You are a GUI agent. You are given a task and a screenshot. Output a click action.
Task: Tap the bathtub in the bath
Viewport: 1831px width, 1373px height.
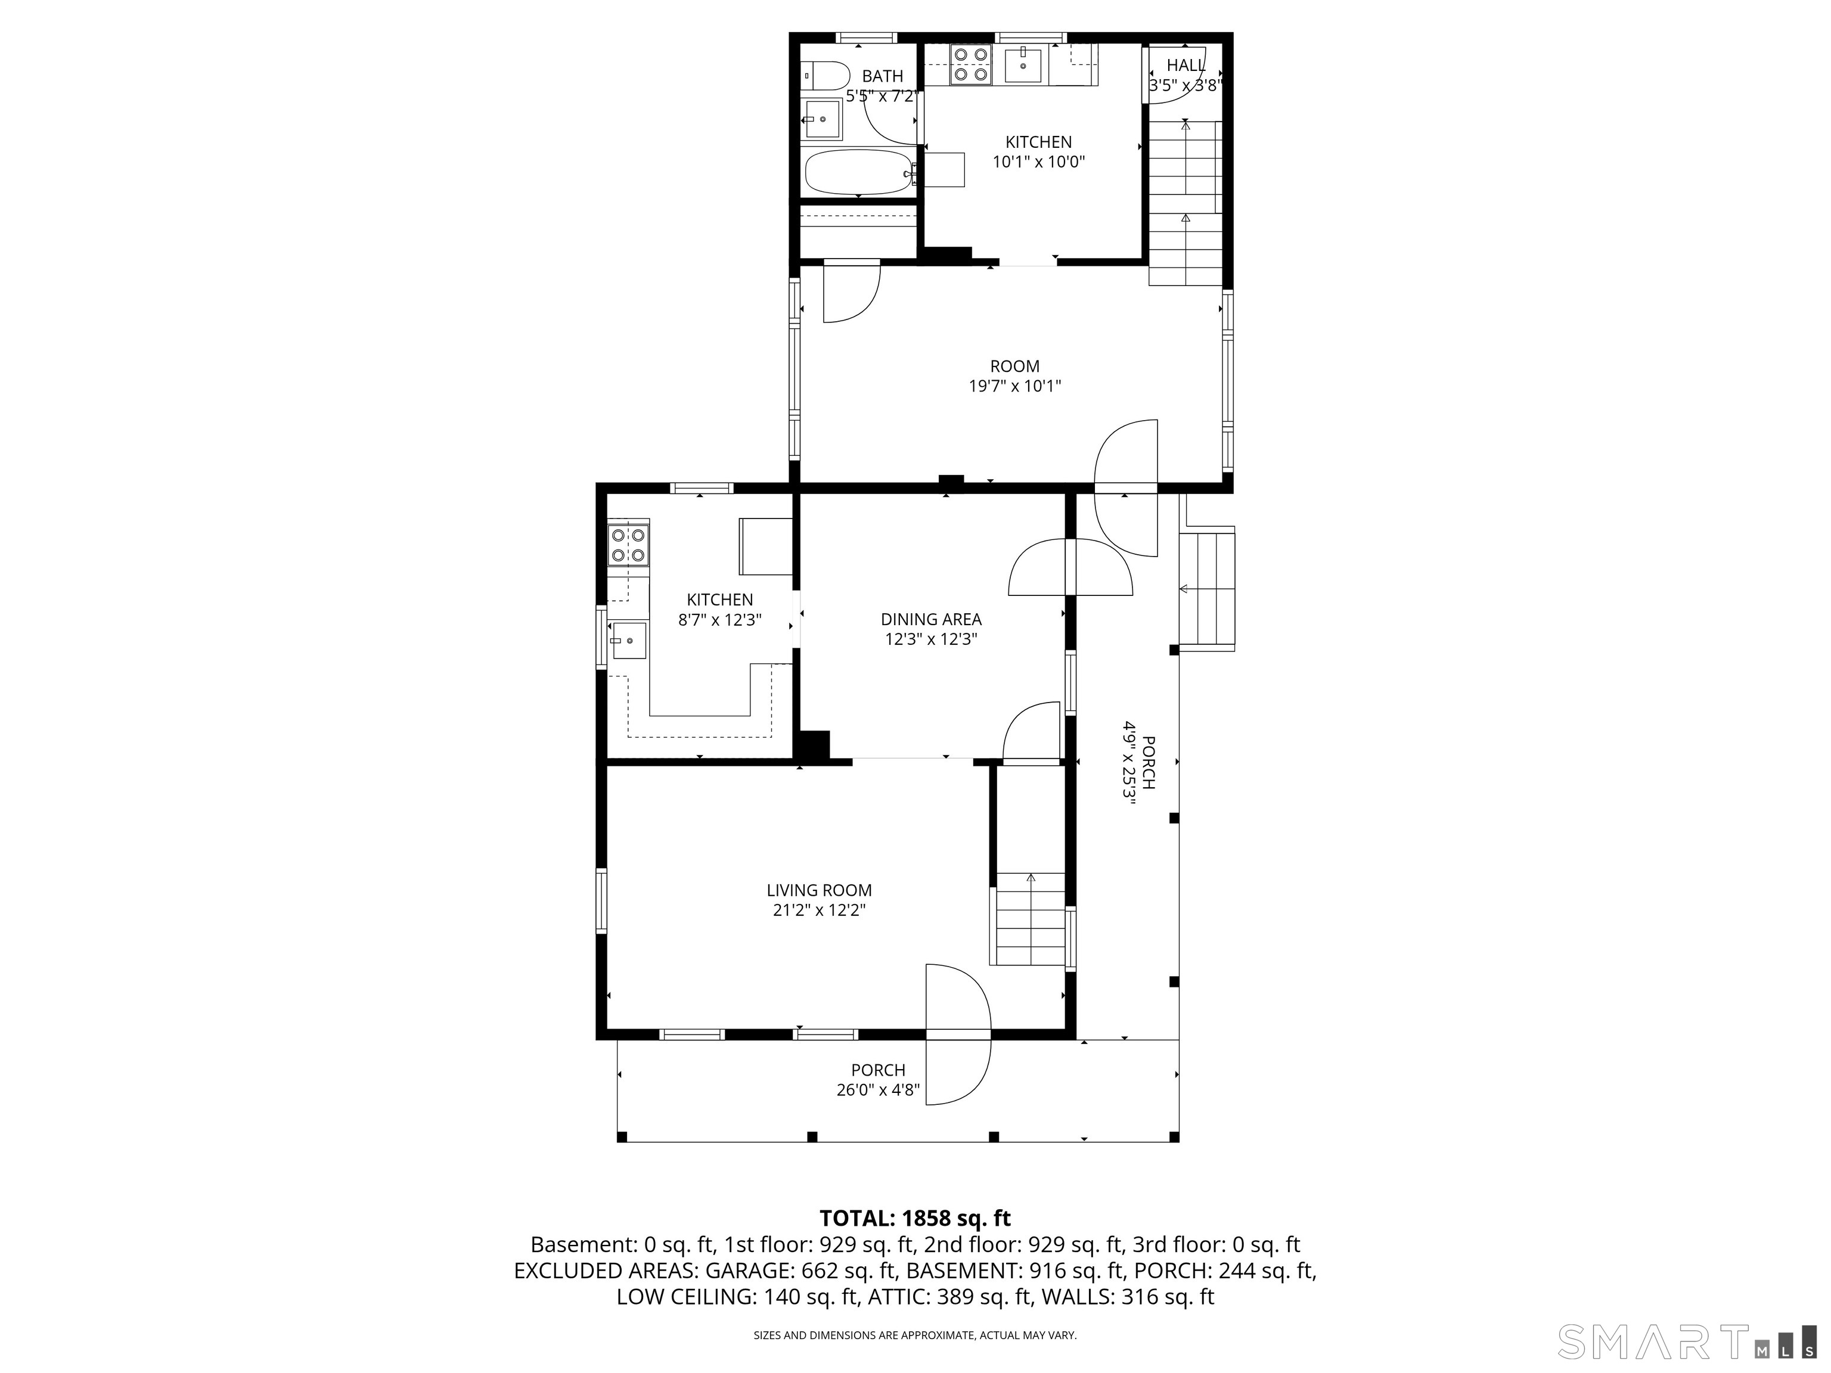tap(858, 171)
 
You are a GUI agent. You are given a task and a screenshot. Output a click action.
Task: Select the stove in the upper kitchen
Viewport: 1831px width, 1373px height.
tap(970, 64)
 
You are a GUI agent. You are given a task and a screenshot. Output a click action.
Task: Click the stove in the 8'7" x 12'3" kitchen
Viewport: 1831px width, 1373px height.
tap(628, 545)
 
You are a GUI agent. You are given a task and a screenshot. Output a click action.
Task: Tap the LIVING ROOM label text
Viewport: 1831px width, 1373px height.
tap(819, 890)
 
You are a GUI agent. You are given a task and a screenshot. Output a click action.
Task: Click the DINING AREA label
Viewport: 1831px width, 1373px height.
tap(930, 619)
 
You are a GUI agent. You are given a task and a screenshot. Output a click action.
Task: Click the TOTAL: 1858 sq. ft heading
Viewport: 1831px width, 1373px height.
tap(915, 1218)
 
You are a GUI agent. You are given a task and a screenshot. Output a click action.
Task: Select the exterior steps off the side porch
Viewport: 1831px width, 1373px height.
tap(1207, 589)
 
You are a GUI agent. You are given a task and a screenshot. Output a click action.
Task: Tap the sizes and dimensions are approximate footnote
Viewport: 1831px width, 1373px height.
tap(915, 1335)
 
